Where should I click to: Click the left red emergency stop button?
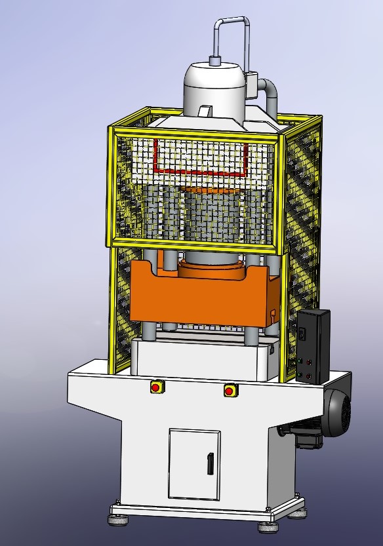click(x=156, y=387)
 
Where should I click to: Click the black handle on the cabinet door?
click(x=210, y=463)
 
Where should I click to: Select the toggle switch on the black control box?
click(x=302, y=333)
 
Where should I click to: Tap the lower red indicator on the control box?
click(x=308, y=375)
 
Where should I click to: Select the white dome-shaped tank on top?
click(x=213, y=88)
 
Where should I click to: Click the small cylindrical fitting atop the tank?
click(x=214, y=61)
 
